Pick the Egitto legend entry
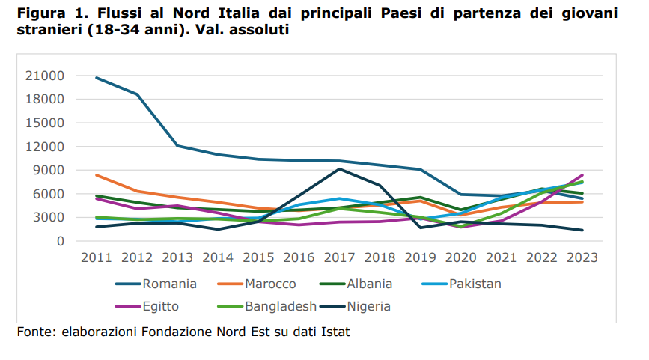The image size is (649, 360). [x=158, y=306]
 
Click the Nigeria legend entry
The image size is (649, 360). [x=367, y=306]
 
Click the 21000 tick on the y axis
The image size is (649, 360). [x=46, y=76]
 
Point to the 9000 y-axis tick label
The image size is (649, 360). [x=49, y=170]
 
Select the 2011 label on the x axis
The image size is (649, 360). [x=96, y=257]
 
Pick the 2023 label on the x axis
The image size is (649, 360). [x=582, y=257]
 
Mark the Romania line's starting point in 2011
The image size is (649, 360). [x=97, y=77]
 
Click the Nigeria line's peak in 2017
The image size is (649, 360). [x=339, y=169]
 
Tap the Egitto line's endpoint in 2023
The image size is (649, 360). [x=582, y=175]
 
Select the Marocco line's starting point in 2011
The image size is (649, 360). [x=97, y=175]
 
